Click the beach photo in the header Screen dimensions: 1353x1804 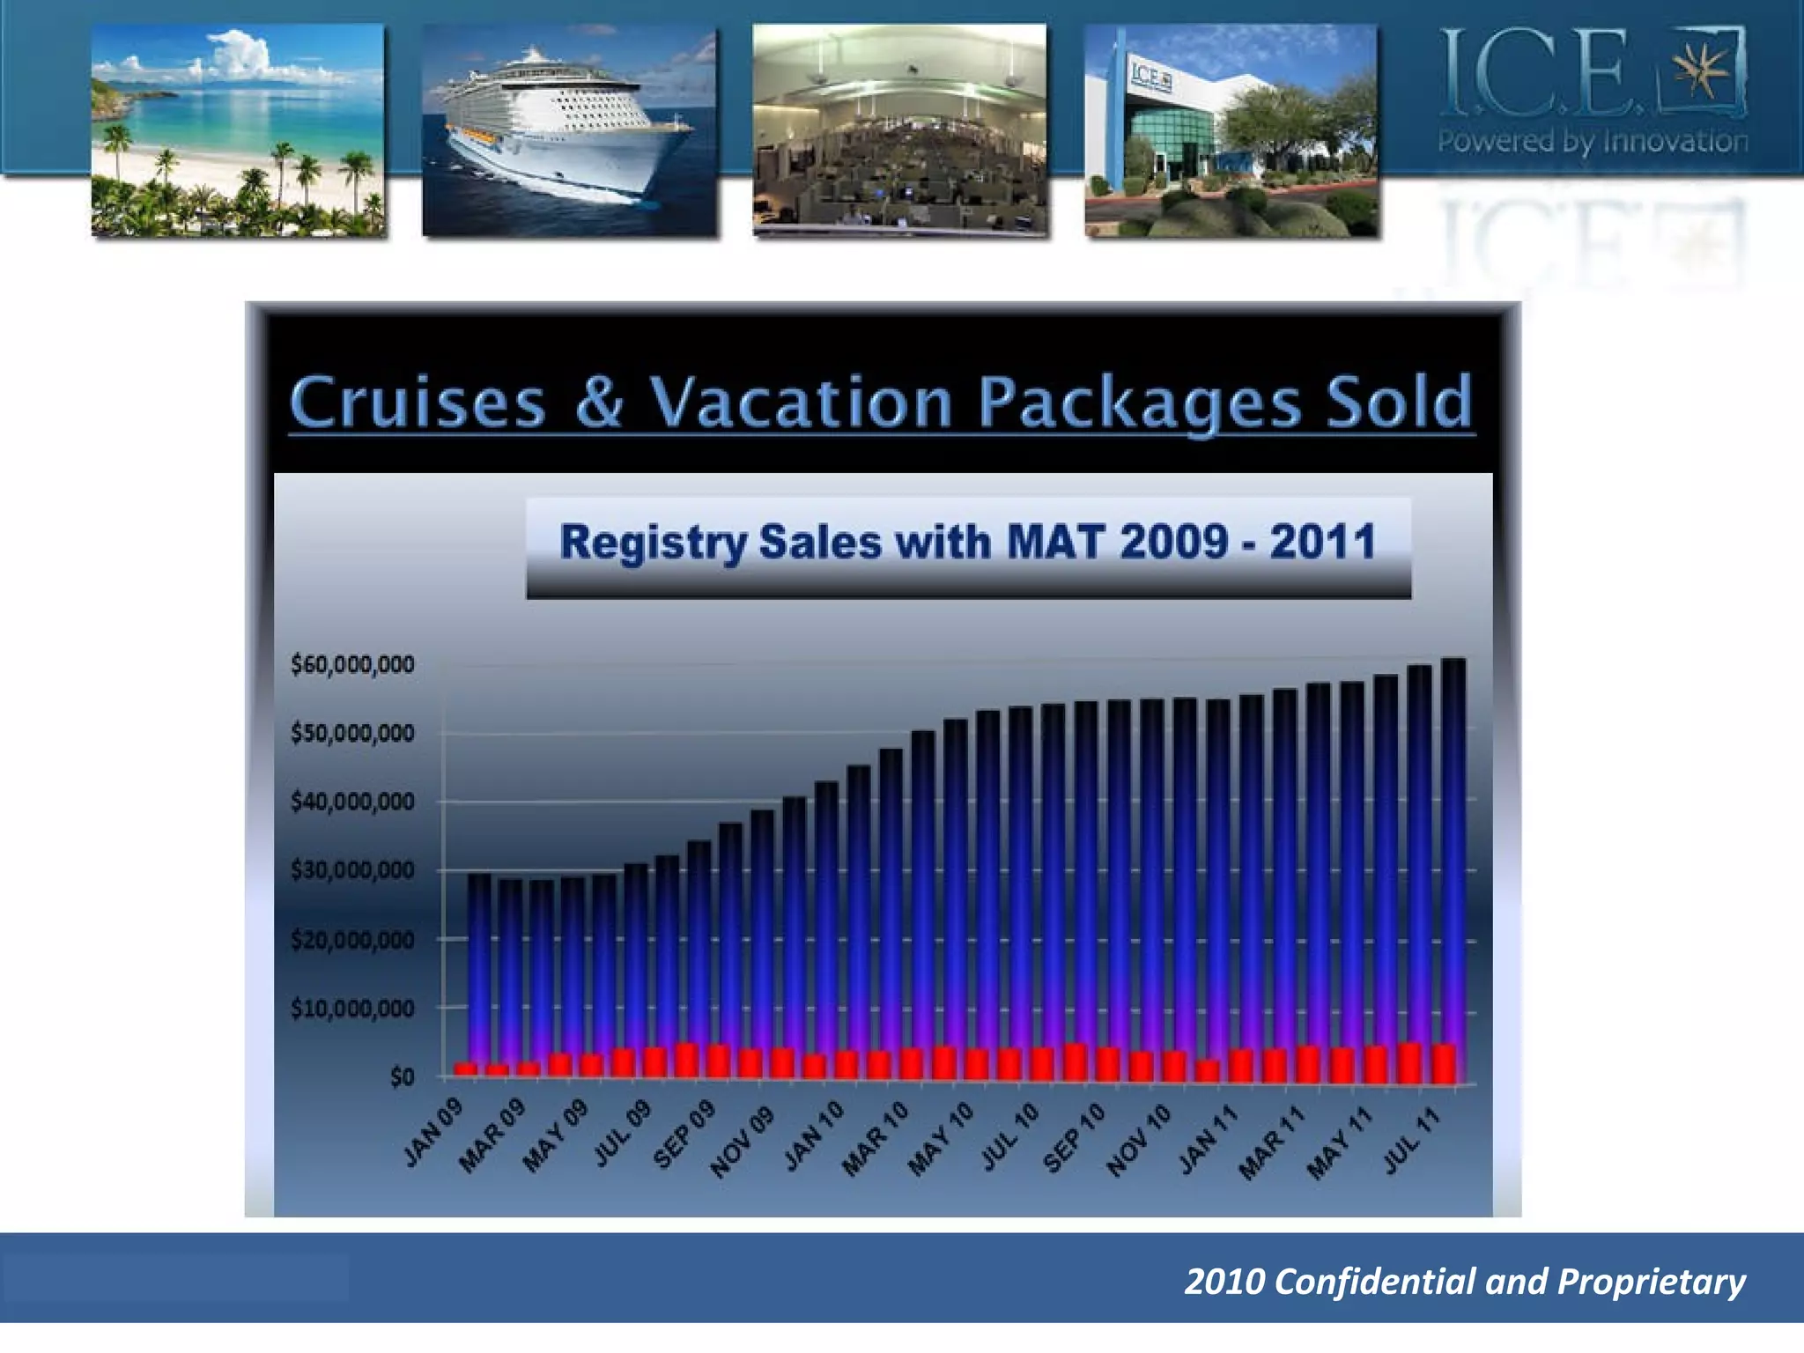238,129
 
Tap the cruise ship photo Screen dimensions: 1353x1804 569,129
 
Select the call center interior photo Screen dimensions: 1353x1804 899,129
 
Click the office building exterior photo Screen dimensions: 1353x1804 1231,129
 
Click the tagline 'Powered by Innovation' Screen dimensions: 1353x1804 1593,141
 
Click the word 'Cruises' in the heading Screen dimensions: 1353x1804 418,403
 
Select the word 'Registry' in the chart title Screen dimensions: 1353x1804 653,542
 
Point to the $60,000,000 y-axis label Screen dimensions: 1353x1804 352,664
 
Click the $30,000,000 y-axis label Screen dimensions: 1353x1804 352,870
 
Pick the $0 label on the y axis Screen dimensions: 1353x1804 402,1076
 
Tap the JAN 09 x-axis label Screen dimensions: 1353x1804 433,1135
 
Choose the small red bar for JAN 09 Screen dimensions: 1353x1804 465,1069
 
